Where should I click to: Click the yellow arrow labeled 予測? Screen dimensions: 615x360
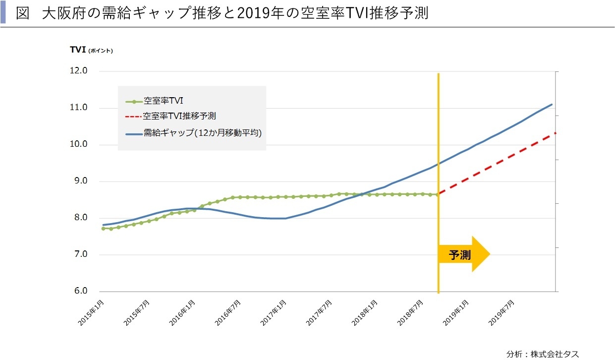pyautogui.click(x=464, y=254)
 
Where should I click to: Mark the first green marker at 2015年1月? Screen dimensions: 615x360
pyautogui.click(x=103, y=229)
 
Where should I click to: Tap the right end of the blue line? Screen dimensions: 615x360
pyautogui.click(x=552, y=105)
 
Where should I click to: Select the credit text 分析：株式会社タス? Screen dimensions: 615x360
pyautogui.click(x=542, y=354)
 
